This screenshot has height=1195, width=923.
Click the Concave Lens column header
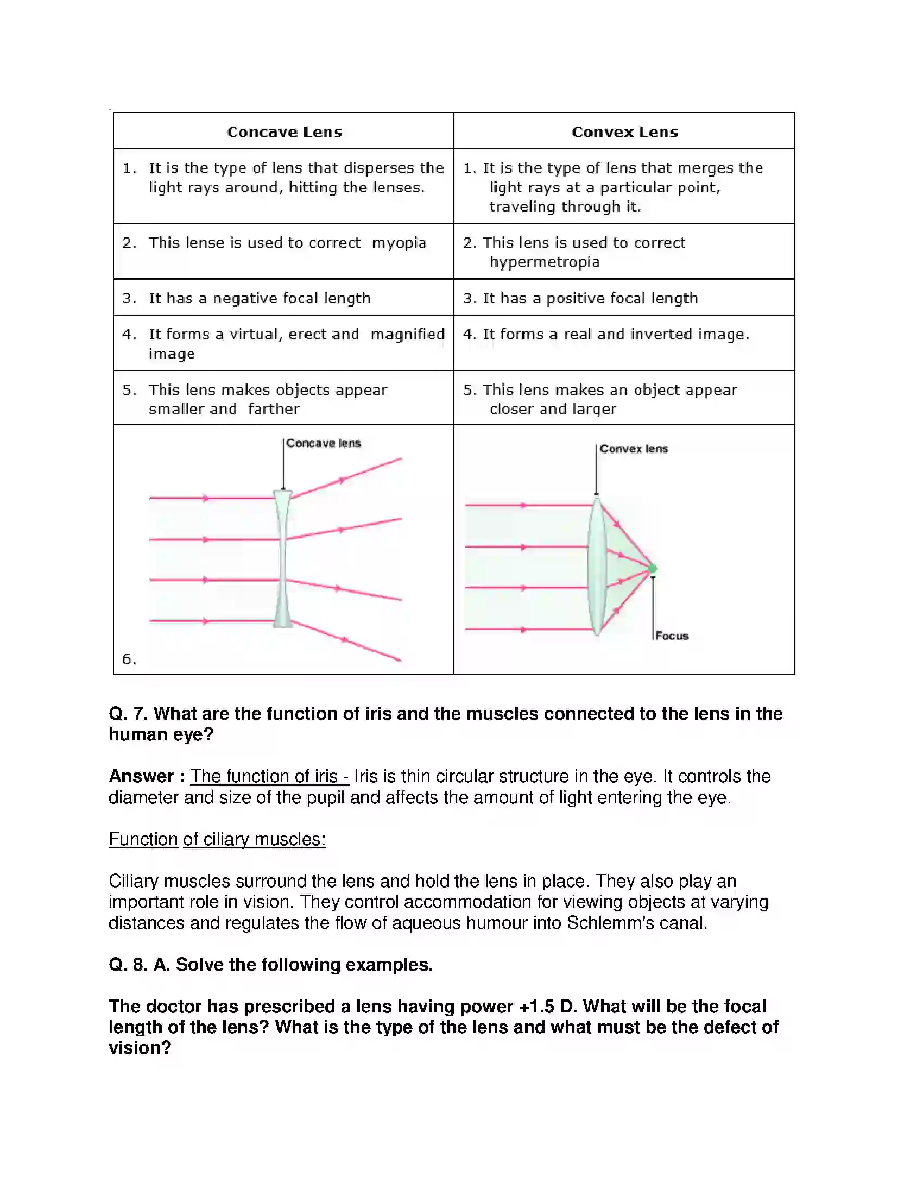285,132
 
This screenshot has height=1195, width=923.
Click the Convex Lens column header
624,132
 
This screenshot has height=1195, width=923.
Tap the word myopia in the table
399,243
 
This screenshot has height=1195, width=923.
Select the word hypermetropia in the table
545,262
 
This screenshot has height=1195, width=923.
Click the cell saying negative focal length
260,298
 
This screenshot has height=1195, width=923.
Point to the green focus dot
652,569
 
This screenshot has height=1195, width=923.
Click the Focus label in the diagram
672,636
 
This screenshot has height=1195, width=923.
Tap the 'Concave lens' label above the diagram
324,443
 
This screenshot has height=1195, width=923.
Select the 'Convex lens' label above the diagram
634,449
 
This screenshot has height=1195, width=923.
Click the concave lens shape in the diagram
283,558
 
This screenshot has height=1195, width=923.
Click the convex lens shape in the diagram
597,567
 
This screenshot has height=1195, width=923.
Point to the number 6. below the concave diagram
129,659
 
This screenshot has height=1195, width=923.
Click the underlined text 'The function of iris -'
269,776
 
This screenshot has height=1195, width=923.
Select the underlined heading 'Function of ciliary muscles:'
217,839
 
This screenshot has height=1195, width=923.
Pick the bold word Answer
141,776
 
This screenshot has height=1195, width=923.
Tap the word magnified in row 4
407,334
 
